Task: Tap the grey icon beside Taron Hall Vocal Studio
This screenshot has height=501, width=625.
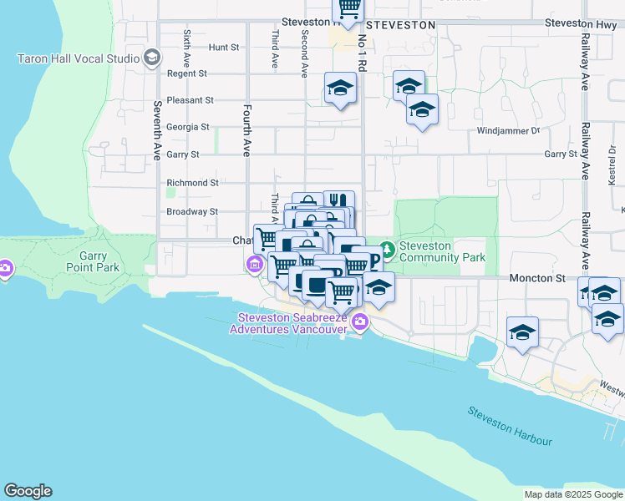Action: [x=151, y=58]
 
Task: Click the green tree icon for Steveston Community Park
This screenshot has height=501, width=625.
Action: [x=387, y=249]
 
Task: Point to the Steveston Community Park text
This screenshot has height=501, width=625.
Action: [x=442, y=251]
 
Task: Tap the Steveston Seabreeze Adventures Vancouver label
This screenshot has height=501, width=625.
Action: [x=292, y=323]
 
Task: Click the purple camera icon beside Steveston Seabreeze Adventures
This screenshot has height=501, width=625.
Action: [x=359, y=321]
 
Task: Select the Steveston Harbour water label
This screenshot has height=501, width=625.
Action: [x=510, y=425]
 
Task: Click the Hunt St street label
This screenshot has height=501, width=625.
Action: [x=224, y=48]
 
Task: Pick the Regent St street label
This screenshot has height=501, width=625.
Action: [x=187, y=73]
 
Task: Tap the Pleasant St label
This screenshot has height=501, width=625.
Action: [x=191, y=100]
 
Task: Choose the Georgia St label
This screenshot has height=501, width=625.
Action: [x=188, y=127]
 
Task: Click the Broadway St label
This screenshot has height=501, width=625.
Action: [x=192, y=212]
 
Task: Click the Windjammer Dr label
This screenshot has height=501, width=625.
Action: [x=509, y=131]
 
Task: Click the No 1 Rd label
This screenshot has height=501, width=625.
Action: [x=362, y=52]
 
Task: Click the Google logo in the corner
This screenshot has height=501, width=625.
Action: [x=28, y=491]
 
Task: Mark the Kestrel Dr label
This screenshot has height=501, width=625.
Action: [x=612, y=167]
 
